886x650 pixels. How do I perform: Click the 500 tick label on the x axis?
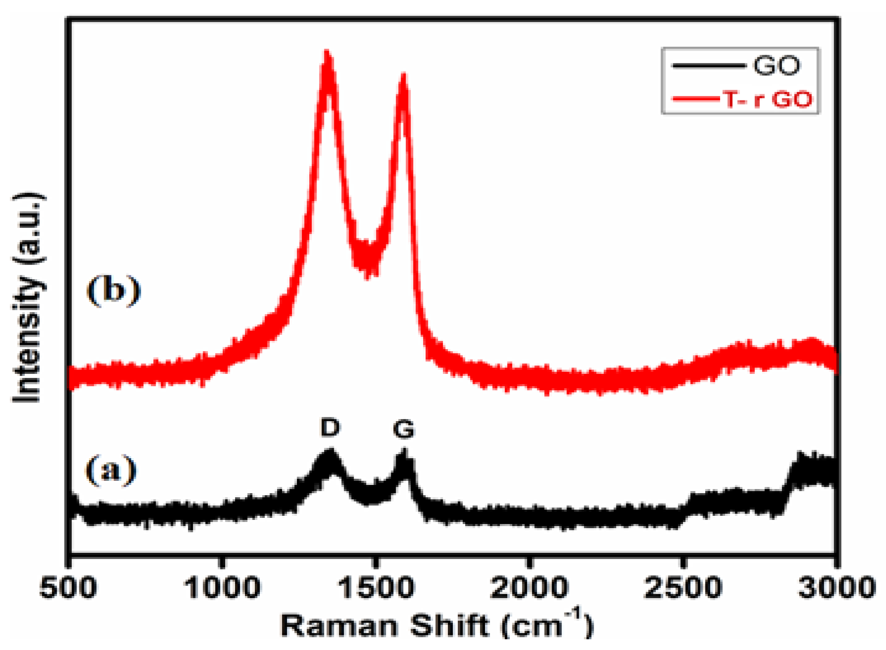click(68, 588)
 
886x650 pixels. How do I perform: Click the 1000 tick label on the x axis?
click(222, 588)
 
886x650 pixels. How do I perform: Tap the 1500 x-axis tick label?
click(376, 588)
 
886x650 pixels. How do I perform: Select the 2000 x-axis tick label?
click(529, 588)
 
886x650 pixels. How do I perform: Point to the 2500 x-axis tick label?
click(683, 588)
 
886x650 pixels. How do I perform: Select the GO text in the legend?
click(776, 65)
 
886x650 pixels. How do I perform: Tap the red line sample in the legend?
click(696, 99)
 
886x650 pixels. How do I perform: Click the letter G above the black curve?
click(403, 429)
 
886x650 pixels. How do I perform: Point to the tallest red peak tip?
click(327, 54)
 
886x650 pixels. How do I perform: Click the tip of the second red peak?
click(403, 76)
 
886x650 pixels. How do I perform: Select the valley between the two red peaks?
click(368, 263)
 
